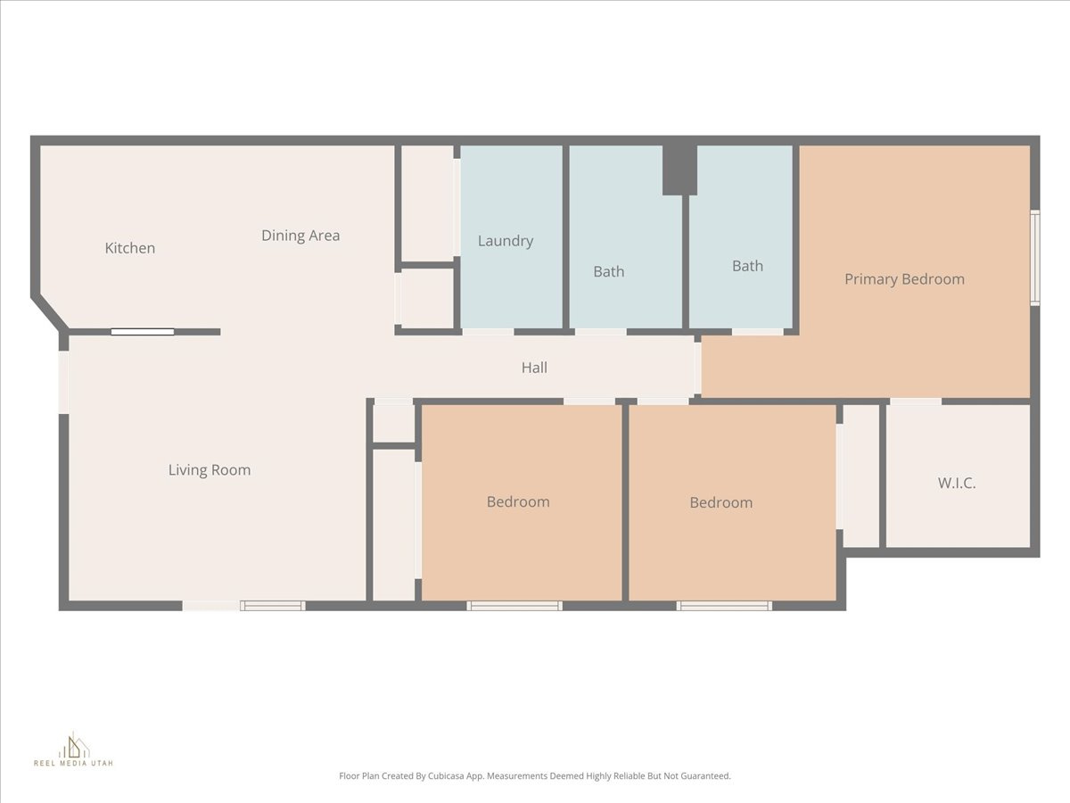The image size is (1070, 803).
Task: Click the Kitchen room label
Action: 130,248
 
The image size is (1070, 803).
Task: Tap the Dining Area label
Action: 300,236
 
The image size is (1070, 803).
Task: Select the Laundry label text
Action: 506,241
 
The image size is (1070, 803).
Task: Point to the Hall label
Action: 534,368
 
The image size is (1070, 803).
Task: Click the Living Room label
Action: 210,470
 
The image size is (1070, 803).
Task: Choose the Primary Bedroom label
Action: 904,279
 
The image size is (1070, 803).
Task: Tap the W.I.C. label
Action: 957,483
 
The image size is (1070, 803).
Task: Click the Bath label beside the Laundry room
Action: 609,271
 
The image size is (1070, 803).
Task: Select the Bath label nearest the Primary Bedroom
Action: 747,266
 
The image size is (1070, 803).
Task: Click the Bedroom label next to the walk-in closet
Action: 720,502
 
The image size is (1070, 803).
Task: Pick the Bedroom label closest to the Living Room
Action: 518,501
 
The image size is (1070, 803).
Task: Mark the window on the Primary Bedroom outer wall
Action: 1034,257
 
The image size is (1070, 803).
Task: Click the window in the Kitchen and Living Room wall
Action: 143,332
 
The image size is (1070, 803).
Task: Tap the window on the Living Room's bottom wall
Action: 273,606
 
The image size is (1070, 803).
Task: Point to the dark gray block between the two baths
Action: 679,170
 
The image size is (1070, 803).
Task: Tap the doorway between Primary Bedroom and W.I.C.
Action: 915,401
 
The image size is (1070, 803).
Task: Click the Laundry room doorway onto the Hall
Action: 488,332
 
